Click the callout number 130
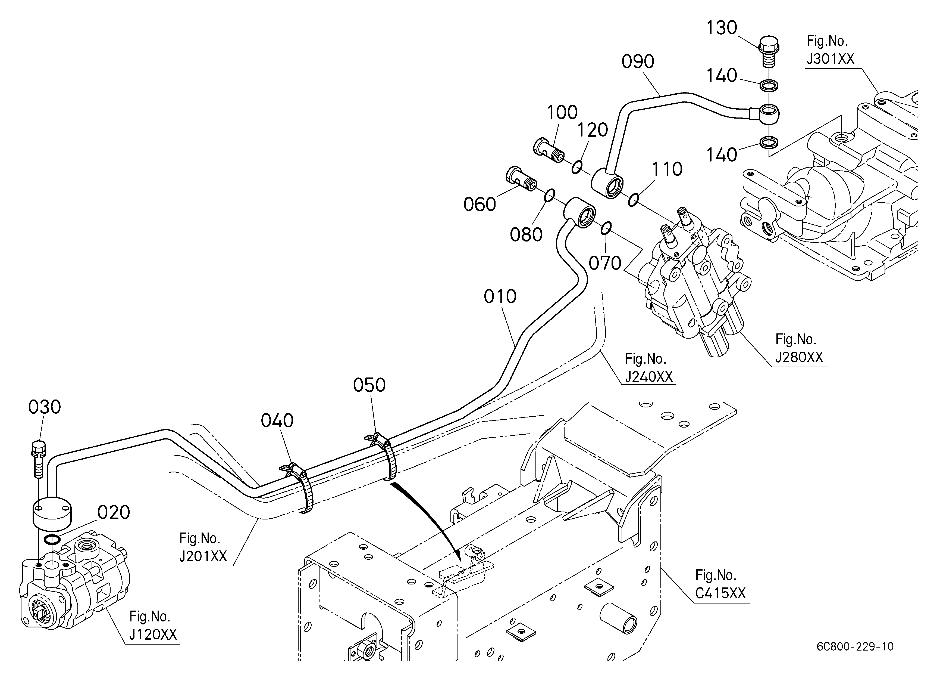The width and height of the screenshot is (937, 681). tap(721, 28)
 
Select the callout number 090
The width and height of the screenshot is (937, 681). tap(638, 62)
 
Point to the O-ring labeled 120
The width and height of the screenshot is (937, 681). tap(577, 167)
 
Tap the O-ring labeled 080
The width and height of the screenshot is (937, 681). tap(549, 196)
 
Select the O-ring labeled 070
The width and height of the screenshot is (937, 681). tap(606, 228)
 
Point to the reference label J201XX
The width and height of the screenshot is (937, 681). tap(203, 556)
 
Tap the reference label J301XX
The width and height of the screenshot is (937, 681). tap(831, 59)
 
